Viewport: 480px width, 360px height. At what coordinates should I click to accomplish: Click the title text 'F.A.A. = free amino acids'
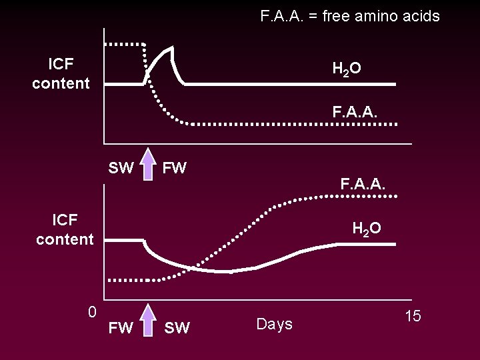(x=350, y=16)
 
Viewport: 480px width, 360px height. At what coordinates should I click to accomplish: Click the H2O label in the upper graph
(x=347, y=68)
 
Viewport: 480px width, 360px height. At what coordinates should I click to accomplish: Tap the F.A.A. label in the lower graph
(x=363, y=182)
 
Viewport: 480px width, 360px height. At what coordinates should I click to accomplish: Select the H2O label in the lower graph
(x=367, y=229)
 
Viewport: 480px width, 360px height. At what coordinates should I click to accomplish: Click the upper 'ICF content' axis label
(x=61, y=73)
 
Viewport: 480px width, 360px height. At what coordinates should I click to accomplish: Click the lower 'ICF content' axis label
(x=65, y=229)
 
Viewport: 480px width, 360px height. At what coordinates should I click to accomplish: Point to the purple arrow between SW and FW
(x=148, y=167)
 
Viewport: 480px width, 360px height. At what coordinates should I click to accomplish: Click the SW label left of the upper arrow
(x=121, y=168)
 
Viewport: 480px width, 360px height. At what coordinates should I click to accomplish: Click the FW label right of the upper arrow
(x=175, y=168)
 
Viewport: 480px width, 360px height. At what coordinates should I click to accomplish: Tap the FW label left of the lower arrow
(x=121, y=327)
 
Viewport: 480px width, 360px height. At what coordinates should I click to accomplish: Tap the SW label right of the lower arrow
(x=177, y=327)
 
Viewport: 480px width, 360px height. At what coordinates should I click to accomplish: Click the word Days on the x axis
(x=275, y=325)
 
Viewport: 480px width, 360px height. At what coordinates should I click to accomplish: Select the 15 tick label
(x=413, y=316)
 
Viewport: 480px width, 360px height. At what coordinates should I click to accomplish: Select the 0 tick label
(x=93, y=311)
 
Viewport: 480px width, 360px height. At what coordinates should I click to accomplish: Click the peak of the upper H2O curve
(x=173, y=48)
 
